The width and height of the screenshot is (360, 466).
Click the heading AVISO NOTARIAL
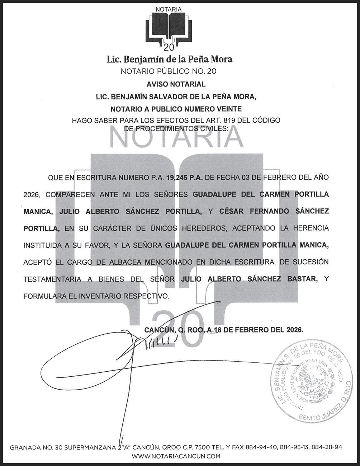176,84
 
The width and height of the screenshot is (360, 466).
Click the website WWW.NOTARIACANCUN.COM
176,456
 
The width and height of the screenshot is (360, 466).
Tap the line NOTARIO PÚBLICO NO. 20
169,71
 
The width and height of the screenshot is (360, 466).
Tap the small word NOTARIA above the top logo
169,10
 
